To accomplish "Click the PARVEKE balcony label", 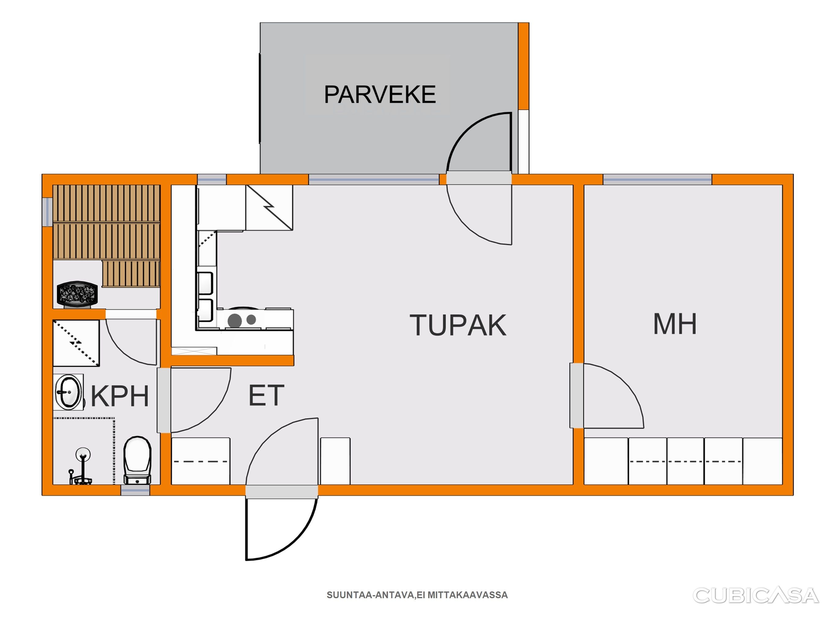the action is coord(380,94).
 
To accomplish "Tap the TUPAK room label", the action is coord(458,325).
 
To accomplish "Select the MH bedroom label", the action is coord(675,324).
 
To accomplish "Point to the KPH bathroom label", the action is coord(120,396).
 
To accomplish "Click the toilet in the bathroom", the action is coord(137,460).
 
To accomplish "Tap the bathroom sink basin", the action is coord(68,392).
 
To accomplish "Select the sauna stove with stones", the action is coord(77,293).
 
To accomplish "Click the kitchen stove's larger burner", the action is coord(235,321).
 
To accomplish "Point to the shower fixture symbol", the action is coord(81,466).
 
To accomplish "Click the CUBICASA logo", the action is coord(756,595).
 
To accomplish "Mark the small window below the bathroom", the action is coord(135,490).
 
